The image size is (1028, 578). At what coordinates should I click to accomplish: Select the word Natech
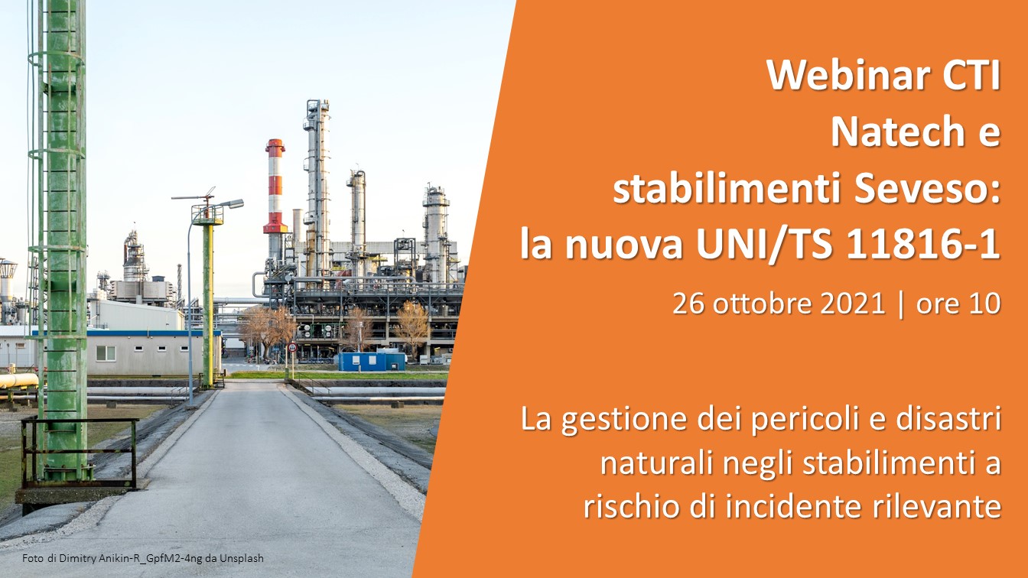(890, 132)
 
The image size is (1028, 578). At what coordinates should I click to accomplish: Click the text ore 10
(958, 304)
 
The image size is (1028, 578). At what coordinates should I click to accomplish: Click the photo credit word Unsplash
(242, 559)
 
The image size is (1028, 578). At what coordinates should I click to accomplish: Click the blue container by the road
(372, 361)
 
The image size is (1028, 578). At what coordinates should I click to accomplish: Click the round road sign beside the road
(292, 348)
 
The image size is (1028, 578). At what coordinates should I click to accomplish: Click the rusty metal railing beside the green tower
(79, 452)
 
